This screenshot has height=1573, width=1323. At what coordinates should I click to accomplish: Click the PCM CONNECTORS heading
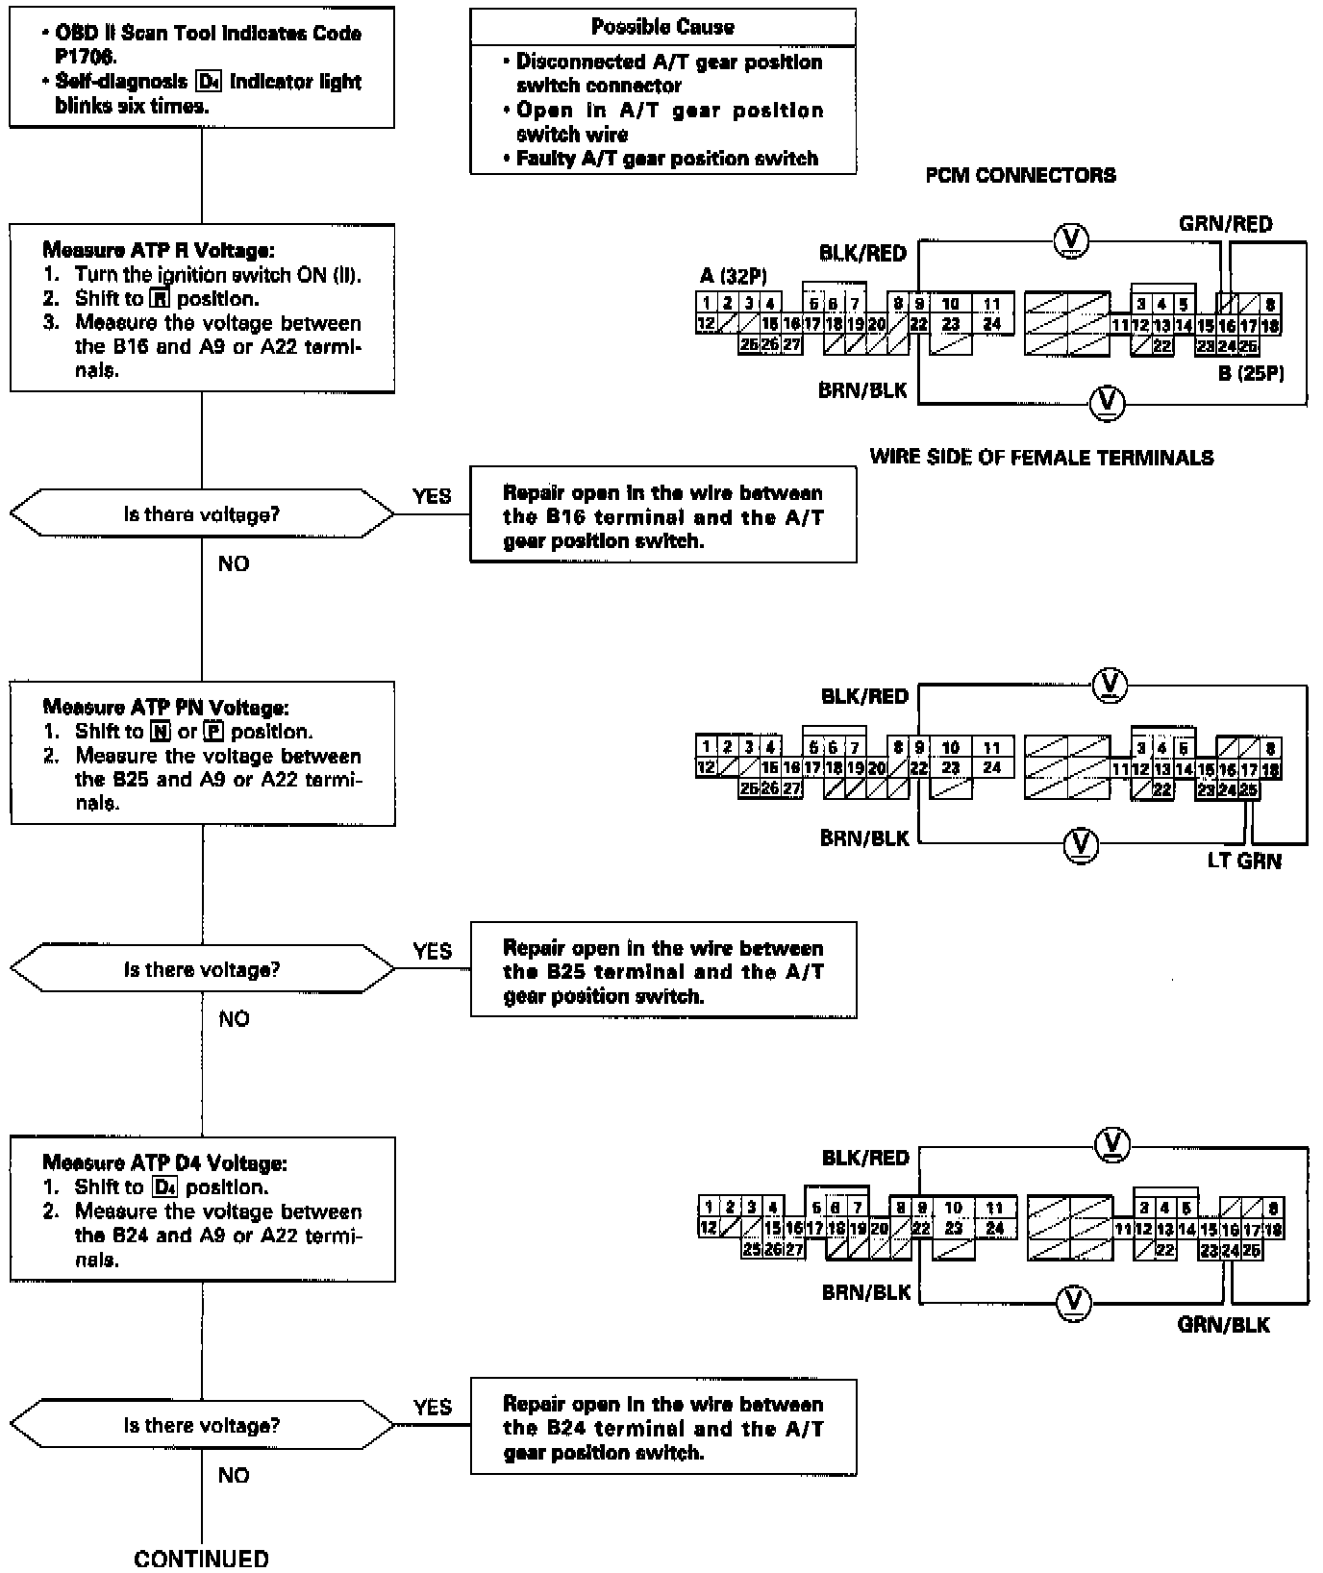(1020, 175)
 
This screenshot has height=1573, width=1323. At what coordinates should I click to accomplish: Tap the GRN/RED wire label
(1225, 224)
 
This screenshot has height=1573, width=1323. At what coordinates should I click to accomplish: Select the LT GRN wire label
(1244, 861)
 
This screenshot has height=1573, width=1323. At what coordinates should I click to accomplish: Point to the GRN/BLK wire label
(1223, 1325)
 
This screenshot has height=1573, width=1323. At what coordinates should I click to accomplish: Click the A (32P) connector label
(733, 277)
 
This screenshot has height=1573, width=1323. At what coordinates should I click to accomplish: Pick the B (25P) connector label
(1251, 373)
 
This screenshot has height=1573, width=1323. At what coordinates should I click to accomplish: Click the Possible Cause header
(662, 27)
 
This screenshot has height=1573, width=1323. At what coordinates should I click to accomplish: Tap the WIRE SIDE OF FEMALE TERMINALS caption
(1041, 458)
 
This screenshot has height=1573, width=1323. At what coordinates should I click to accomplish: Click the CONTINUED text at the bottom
(202, 1558)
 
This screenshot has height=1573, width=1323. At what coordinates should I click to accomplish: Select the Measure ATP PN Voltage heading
(165, 708)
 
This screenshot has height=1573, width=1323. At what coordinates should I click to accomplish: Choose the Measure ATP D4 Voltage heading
(164, 1163)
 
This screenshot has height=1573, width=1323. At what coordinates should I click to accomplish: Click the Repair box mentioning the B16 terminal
(662, 516)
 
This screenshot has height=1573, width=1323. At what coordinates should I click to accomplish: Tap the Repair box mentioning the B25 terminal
(662, 971)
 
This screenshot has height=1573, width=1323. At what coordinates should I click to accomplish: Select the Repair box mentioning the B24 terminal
(662, 1428)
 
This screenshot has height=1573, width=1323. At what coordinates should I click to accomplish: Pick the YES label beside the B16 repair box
(432, 496)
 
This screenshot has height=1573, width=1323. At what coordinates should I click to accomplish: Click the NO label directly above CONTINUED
(234, 1475)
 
